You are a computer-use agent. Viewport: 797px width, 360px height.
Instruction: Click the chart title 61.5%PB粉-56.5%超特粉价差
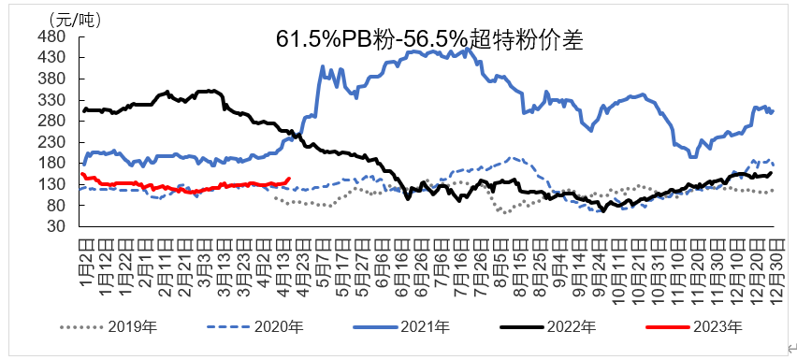pos(429,39)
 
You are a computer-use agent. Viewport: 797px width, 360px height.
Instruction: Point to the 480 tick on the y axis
pos(52,36)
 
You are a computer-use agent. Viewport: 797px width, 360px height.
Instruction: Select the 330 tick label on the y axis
pos(52,100)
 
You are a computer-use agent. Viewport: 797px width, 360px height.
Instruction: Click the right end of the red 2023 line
pos(289,180)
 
